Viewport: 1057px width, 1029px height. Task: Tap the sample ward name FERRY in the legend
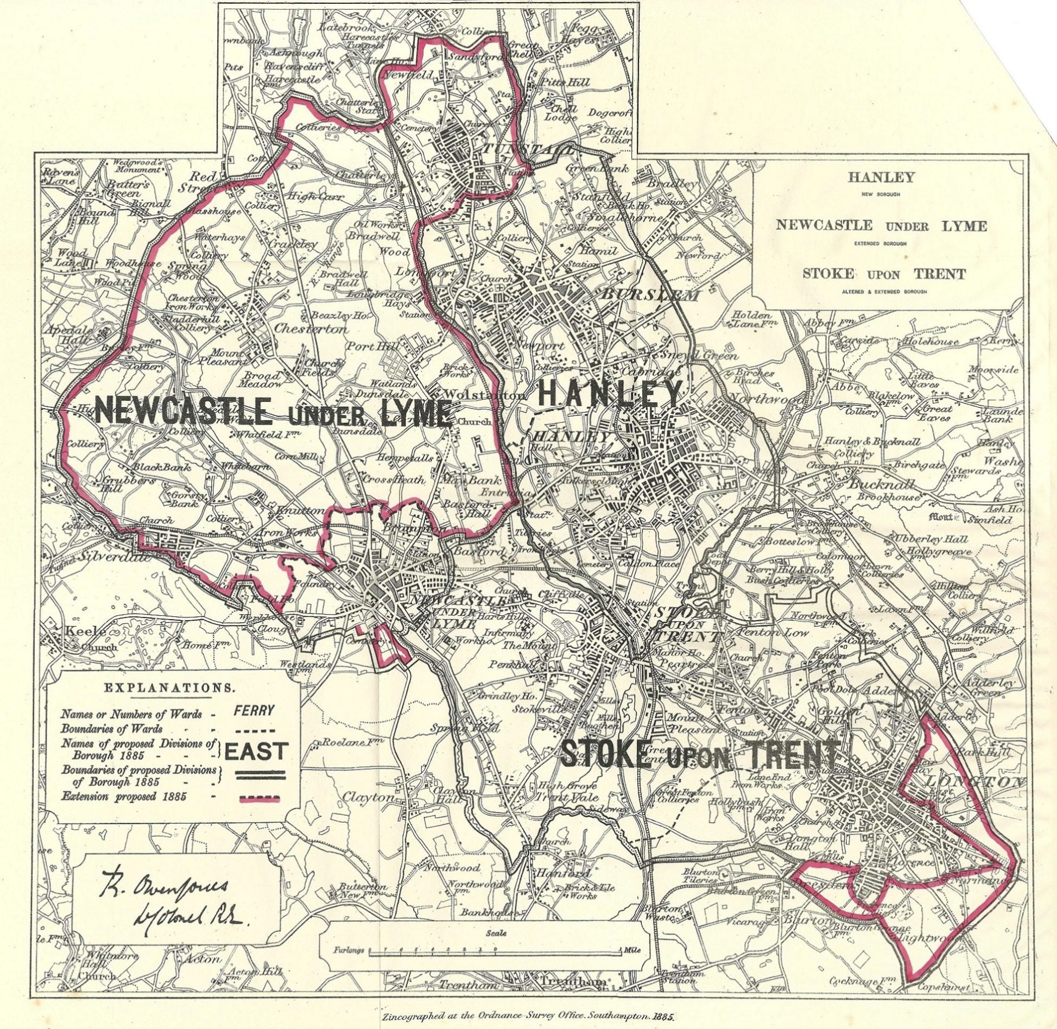(255, 710)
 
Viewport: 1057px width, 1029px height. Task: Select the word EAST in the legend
(255, 751)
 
